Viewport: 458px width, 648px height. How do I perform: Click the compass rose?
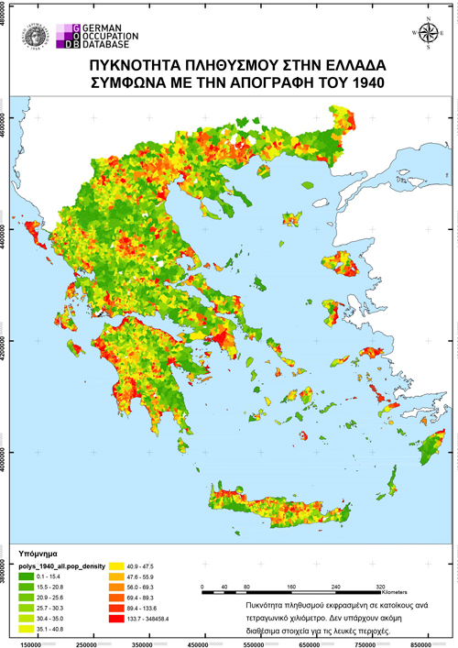(x=425, y=28)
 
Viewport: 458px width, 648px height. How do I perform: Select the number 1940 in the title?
(x=362, y=83)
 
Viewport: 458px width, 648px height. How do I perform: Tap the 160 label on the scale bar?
(x=290, y=585)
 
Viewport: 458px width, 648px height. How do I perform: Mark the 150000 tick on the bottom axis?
(x=31, y=642)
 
